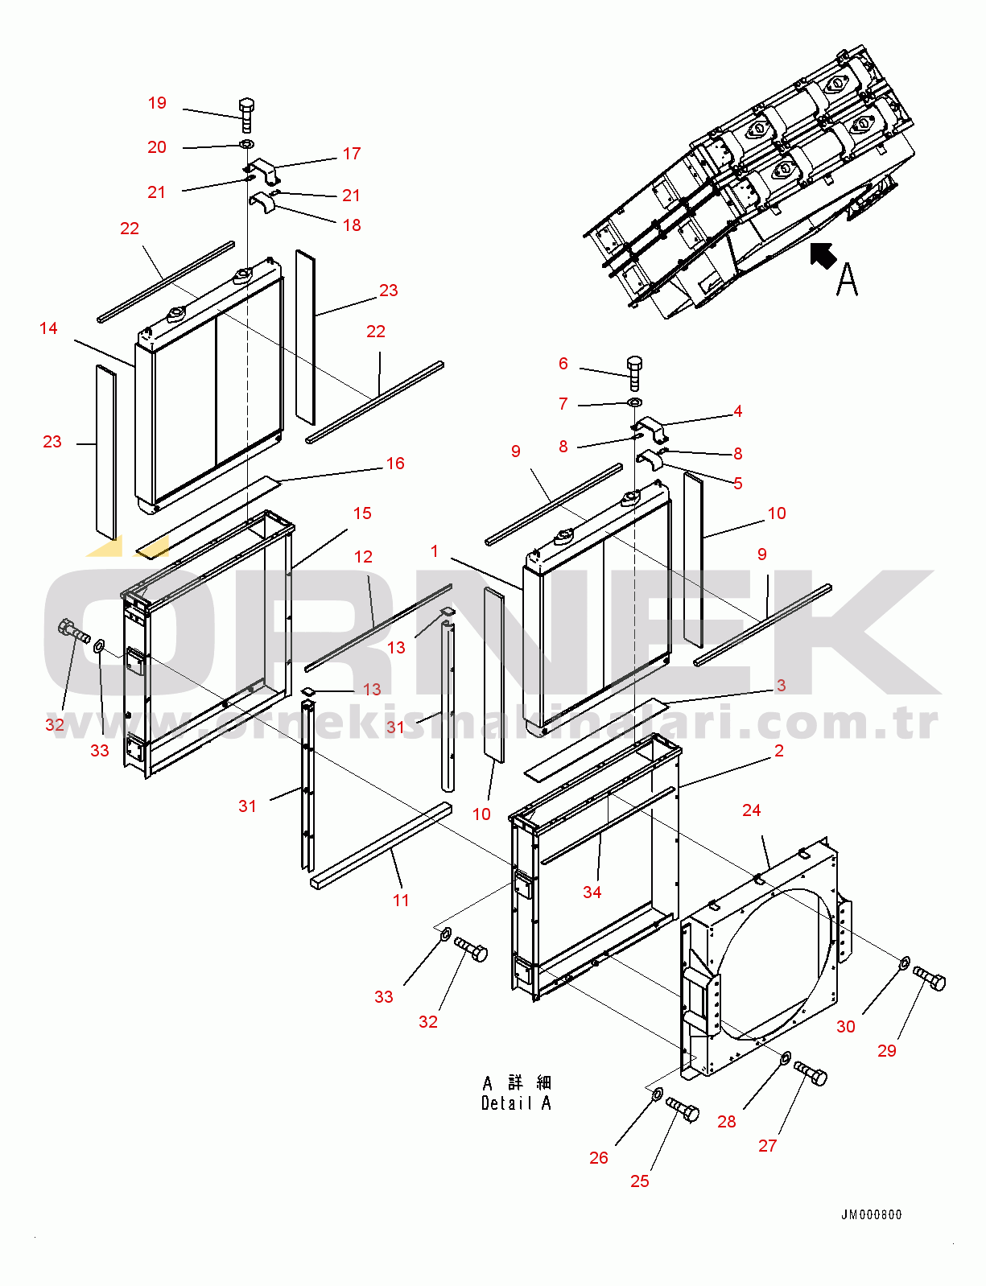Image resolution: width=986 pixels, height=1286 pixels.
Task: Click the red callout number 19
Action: click(x=157, y=103)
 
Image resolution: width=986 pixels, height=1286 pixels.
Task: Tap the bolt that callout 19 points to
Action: click(x=247, y=116)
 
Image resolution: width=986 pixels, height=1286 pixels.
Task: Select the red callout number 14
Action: click(x=48, y=328)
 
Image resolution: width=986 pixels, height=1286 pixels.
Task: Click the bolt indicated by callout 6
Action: click(x=634, y=373)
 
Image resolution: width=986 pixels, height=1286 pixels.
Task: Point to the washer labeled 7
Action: click(x=635, y=403)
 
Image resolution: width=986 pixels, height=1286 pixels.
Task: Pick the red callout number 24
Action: click(x=752, y=810)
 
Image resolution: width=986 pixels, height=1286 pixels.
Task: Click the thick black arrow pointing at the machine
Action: click(x=823, y=256)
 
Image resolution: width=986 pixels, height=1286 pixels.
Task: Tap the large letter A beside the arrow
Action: click(x=848, y=279)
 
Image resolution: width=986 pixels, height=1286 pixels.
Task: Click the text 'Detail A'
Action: click(x=516, y=1103)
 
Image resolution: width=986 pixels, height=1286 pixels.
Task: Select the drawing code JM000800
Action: click(x=871, y=1215)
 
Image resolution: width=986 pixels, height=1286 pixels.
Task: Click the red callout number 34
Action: click(x=592, y=892)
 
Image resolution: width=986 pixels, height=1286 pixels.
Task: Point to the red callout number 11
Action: click(x=401, y=901)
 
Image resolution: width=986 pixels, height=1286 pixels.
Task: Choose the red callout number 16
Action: click(x=395, y=464)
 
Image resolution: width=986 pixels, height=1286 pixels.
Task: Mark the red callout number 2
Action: click(x=779, y=751)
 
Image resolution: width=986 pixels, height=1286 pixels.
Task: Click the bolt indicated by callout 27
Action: click(x=811, y=1074)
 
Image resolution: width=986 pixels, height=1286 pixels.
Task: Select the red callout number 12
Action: click(x=363, y=557)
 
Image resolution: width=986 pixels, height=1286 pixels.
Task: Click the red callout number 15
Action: click(x=362, y=513)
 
